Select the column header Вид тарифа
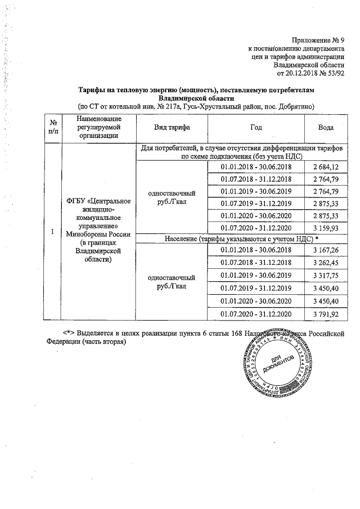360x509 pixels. point(172,128)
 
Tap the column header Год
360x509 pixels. point(255,128)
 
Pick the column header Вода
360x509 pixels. point(326,128)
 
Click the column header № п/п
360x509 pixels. point(53,128)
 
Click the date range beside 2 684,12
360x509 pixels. point(255,167)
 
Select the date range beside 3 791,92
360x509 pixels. point(255,313)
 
